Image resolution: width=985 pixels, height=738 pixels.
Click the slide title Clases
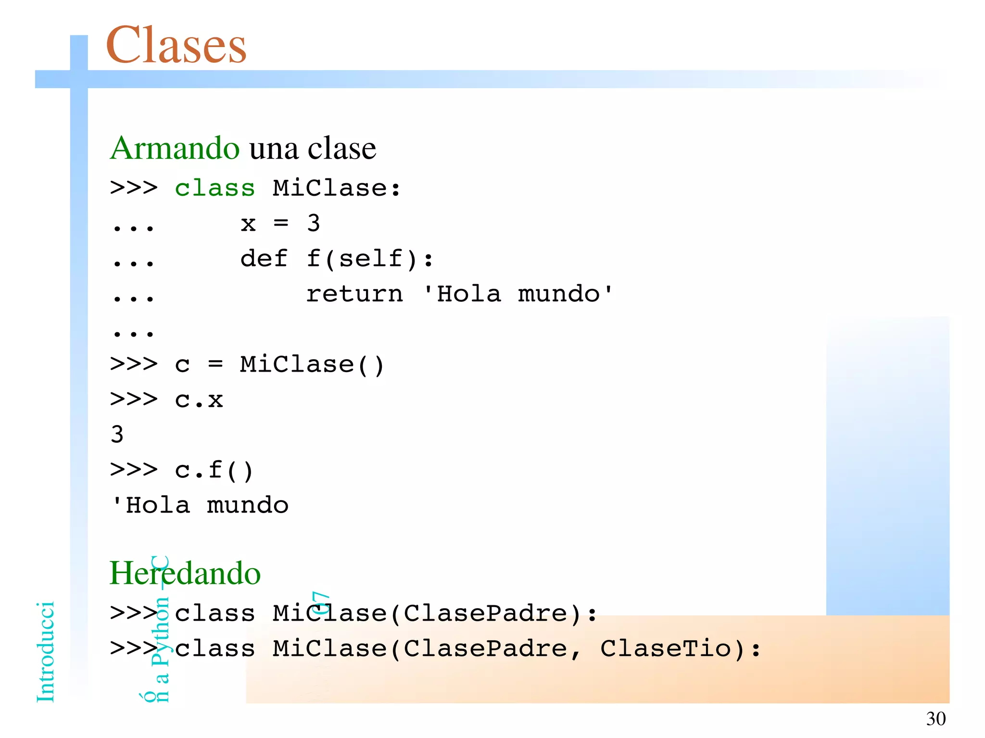(x=176, y=45)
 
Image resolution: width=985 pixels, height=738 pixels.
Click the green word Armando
(x=175, y=148)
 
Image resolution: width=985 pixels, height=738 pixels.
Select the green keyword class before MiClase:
(x=215, y=188)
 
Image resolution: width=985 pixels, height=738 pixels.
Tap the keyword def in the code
(x=264, y=259)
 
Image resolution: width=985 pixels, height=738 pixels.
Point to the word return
(x=354, y=294)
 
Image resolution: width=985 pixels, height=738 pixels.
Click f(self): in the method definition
(x=370, y=259)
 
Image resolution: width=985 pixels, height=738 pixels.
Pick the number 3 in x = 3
(x=314, y=223)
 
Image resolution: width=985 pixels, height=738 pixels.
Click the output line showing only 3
(x=117, y=435)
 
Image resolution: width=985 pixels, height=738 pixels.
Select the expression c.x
(x=199, y=400)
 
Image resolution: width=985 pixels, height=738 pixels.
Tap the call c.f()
(x=214, y=470)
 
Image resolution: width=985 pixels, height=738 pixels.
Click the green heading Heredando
(x=185, y=573)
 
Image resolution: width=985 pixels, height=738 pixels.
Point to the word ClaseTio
(x=666, y=649)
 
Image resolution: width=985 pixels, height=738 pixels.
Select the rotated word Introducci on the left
(x=46, y=651)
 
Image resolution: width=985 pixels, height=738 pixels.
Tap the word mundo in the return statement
(x=559, y=294)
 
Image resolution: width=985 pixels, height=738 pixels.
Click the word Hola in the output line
(x=158, y=505)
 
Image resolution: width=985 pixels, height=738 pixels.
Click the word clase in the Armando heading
(x=341, y=148)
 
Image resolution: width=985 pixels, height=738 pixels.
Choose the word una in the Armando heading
(x=274, y=148)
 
